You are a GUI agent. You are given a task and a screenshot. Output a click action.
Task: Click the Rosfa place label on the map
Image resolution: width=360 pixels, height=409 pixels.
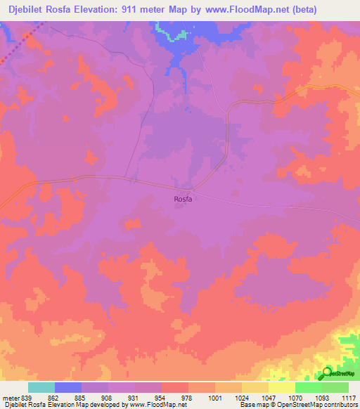[183, 199]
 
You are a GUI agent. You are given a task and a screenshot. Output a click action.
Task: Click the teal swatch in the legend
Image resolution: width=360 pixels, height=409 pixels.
[41, 387]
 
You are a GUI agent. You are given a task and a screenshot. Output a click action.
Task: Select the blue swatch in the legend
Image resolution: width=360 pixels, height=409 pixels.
[68, 387]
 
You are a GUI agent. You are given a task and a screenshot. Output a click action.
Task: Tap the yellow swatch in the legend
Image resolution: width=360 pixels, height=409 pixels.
[282, 387]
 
